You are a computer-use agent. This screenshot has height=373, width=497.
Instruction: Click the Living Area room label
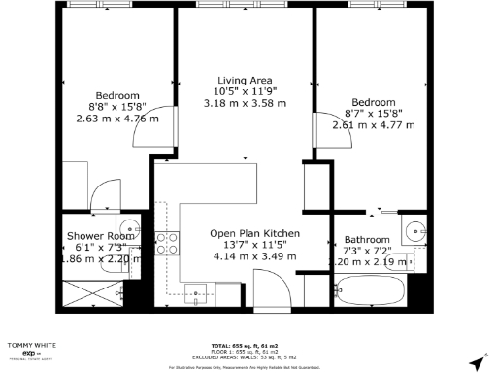[245, 80]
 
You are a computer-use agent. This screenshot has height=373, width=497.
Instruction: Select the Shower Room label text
[99, 236]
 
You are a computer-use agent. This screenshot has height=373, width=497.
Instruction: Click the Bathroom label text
[367, 240]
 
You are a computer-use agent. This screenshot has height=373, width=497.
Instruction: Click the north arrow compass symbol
[475, 362]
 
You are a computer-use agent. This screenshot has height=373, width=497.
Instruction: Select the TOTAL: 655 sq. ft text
[248, 346]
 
